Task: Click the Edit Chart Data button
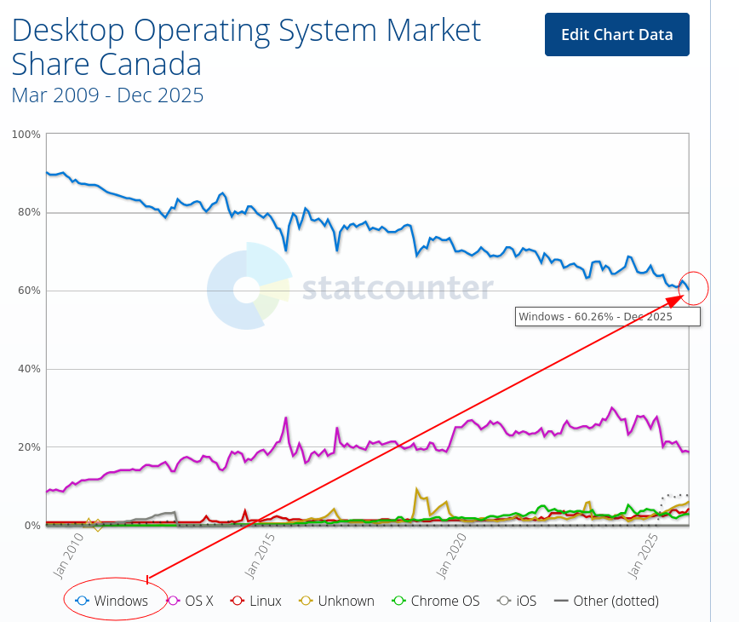[x=616, y=35]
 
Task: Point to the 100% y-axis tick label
[x=26, y=135]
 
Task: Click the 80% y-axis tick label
[x=28, y=212]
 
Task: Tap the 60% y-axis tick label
[x=28, y=291]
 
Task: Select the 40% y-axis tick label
[x=28, y=369]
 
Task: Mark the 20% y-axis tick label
[x=28, y=447]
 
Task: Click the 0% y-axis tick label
[x=31, y=526]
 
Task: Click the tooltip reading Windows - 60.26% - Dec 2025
[x=608, y=317]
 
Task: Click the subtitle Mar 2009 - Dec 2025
[x=107, y=95]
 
